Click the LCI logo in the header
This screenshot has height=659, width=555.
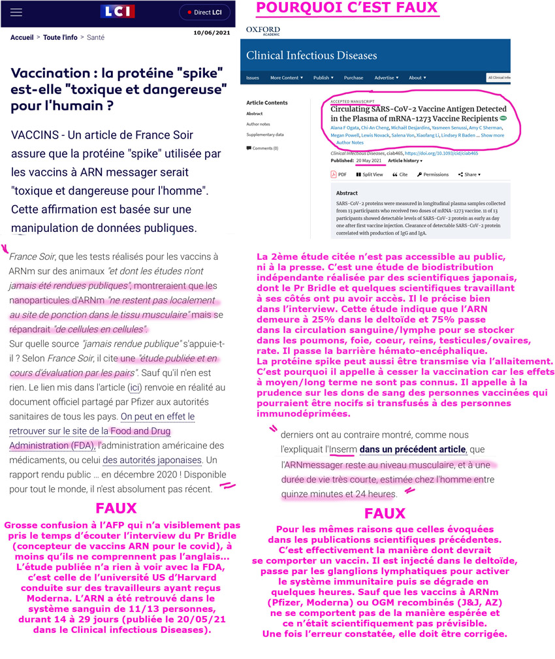pos(118,12)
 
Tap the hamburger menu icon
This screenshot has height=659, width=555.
pos(17,12)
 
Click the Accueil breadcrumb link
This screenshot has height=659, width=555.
pos(22,38)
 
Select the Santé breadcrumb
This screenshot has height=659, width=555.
pos(95,38)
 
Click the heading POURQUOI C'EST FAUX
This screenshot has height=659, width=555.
pos(347,8)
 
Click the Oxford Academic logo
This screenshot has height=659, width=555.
pos(262,31)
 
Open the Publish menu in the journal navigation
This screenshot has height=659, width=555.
pos(323,78)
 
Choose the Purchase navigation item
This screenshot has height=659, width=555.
pos(353,78)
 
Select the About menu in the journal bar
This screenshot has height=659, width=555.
pos(417,78)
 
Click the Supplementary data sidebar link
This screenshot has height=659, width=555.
pos(265,135)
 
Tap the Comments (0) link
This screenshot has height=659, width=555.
pos(263,148)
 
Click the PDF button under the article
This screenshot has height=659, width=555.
pos(339,174)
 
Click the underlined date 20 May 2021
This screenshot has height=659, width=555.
pos(368,160)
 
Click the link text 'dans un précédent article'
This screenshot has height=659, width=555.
pos(413,449)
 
